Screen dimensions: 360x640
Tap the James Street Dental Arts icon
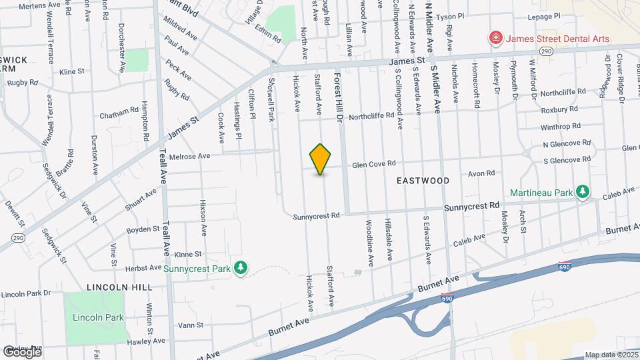pos(495,39)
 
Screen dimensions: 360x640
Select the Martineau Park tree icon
pos(583,193)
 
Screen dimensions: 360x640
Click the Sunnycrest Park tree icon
pos(241,268)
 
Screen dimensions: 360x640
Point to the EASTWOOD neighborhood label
pos(423,181)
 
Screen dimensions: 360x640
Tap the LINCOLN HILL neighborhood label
pos(119,287)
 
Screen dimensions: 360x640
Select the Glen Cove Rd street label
pos(374,163)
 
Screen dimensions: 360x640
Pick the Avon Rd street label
pos(481,173)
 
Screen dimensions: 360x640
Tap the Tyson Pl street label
pos(469,15)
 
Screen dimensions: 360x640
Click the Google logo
pos(21,351)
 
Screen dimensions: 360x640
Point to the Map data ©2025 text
pos(611,355)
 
